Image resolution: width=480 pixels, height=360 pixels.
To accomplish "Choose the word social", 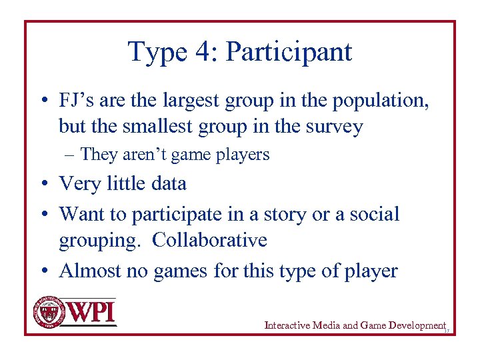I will coord(373,214).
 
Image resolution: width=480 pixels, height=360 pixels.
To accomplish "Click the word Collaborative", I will coord(209,239).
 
